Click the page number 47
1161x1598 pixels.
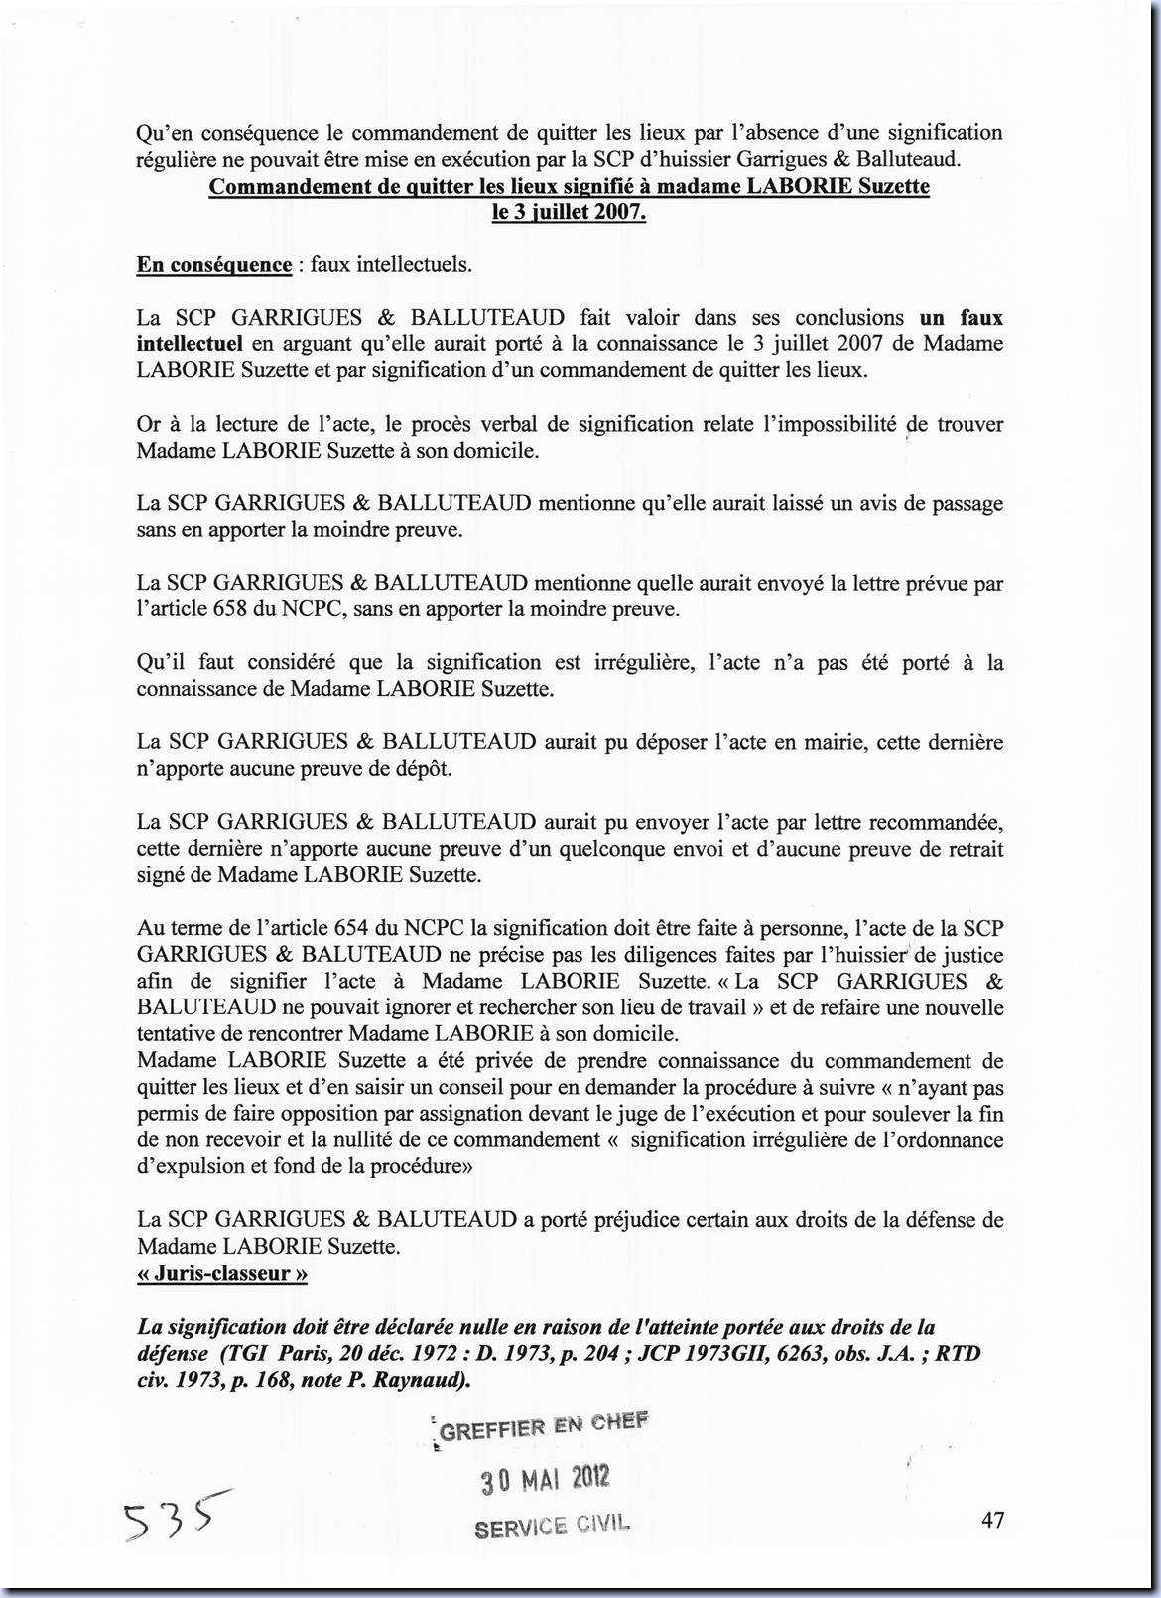pos(992,1519)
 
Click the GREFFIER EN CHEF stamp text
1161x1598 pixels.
pos(543,1427)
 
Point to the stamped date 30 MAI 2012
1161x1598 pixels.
pos(545,1480)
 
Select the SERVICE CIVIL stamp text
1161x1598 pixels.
pos(552,1526)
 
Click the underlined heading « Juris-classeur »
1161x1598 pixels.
pos(222,1273)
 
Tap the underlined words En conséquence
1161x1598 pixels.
pos(214,265)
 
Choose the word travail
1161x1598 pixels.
pos(708,1008)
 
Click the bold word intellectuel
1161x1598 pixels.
pos(190,344)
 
